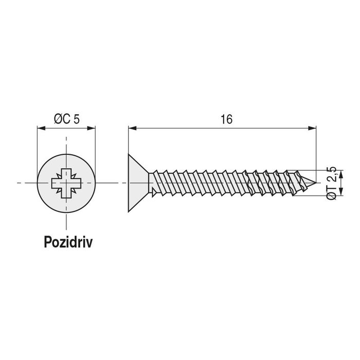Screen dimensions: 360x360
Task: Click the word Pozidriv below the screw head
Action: [67, 243]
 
